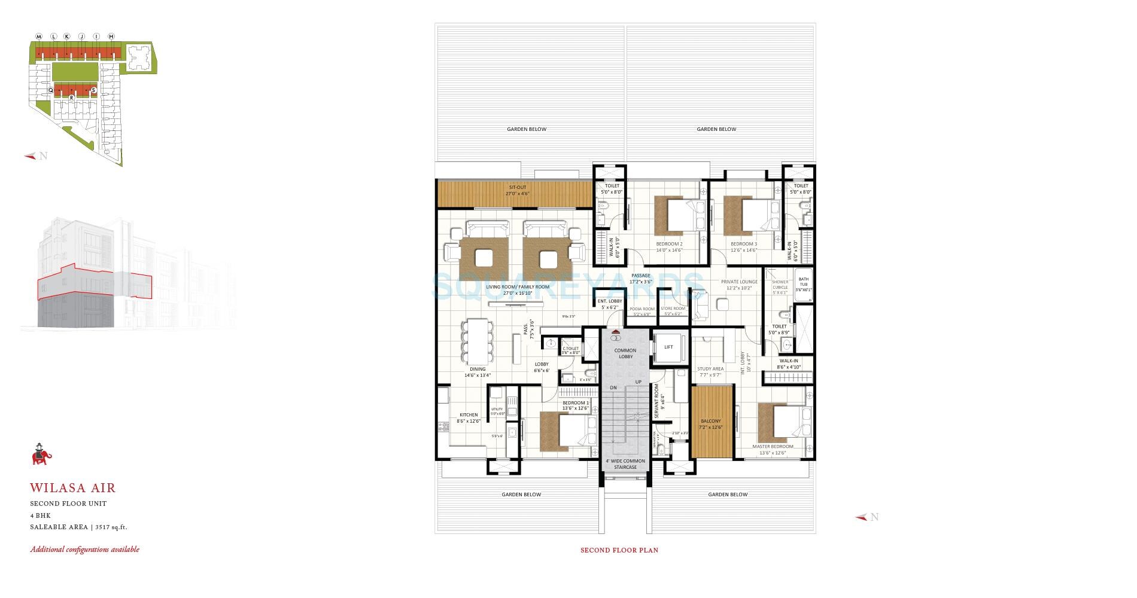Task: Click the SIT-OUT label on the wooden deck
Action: coord(518,187)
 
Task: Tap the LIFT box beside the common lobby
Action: coord(668,347)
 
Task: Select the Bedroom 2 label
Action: coord(669,244)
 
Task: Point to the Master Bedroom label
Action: coord(773,446)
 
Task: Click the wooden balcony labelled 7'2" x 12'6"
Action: coord(712,422)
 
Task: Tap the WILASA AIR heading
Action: coord(73,489)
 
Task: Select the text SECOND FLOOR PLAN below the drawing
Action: coord(619,550)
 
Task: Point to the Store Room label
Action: coord(673,309)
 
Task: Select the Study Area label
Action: coord(710,369)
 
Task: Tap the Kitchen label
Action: coord(469,414)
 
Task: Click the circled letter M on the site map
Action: coord(39,36)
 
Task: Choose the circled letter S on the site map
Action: coord(94,90)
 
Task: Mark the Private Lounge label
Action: coord(739,281)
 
